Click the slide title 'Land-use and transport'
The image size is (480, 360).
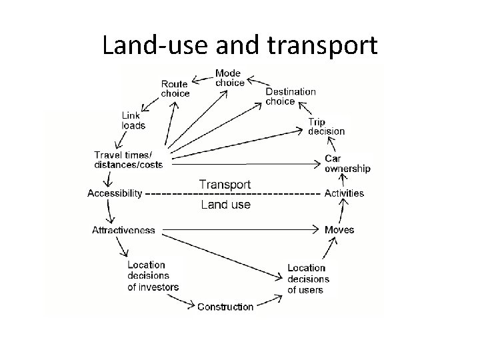click(240, 45)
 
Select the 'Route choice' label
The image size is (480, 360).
click(175, 89)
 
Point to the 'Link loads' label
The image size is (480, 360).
click(133, 120)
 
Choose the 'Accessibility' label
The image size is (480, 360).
click(115, 193)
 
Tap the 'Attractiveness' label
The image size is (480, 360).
click(123, 230)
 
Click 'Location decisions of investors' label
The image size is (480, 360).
click(153, 276)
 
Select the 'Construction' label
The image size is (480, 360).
click(225, 307)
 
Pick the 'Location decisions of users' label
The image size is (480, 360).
click(308, 279)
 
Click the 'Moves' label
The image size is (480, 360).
click(339, 230)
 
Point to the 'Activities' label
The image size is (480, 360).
click(344, 193)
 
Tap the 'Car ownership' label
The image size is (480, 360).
click(347, 163)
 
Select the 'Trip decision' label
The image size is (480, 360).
click(326, 127)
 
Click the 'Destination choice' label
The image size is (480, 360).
click(291, 97)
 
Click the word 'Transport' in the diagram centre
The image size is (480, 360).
click(225, 184)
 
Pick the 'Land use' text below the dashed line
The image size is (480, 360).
click(225, 205)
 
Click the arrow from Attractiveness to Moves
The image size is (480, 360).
click(240, 230)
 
